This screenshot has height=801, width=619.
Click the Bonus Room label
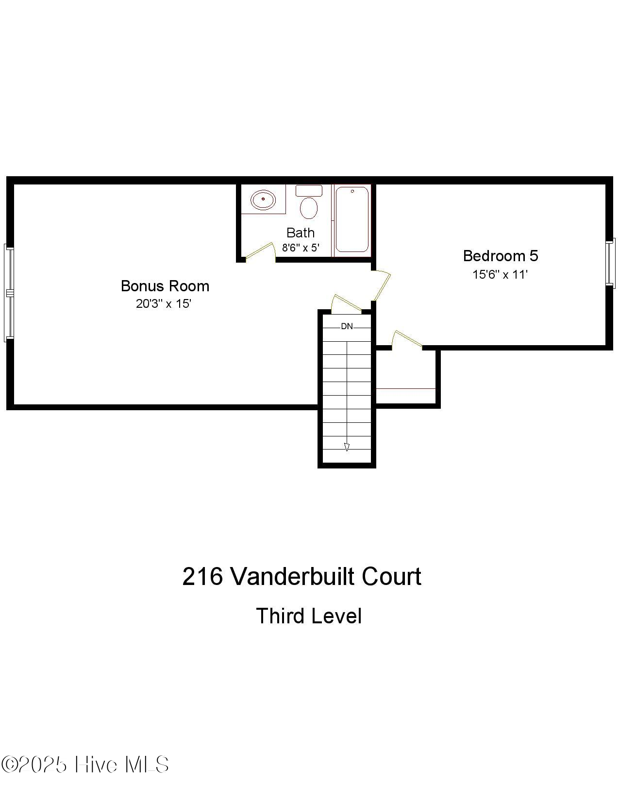pyautogui.click(x=165, y=286)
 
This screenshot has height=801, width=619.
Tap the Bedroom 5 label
pyautogui.click(x=500, y=256)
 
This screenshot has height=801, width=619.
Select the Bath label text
pyautogui.click(x=301, y=233)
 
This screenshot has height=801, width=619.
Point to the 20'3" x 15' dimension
pyautogui.click(x=164, y=304)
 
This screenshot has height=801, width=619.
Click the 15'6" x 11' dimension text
pyautogui.click(x=500, y=275)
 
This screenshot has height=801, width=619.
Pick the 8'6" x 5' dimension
pyautogui.click(x=301, y=248)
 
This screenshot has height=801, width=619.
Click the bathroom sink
pyautogui.click(x=263, y=200)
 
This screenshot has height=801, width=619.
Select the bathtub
pyautogui.click(x=352, y=219)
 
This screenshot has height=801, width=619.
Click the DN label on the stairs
pyautogui.click(x=347, y=326)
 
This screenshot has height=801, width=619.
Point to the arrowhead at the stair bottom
pyautogui.click(x=347, y=447)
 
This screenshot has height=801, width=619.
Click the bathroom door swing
pyautogui.click(x=259, y=251)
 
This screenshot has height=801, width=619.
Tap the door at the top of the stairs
pyautogui.click(x=345, y=303)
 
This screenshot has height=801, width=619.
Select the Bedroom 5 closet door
pyautogui.click(x=407, y=338)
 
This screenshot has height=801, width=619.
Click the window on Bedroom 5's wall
pyautogui.click(x=610, y=262)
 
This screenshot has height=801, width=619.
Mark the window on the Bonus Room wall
pyautogui.click(x=9, y=292)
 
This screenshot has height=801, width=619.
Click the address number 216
pyautogui.click(x=202, y=577)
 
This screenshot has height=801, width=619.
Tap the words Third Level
pyautogui.click(x=309, y=616)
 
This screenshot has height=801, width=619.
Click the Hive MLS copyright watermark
pyautogui.click(x=85, y=765)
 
